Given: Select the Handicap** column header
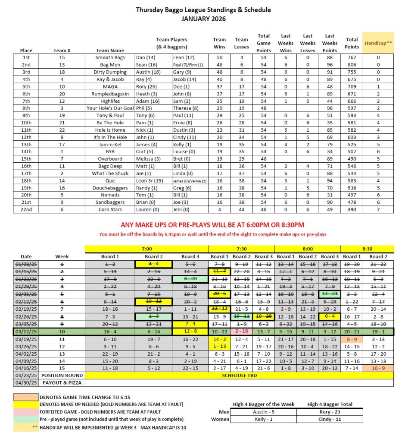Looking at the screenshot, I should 378,43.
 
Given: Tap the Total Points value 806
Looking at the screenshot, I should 352,64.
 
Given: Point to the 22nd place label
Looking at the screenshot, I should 29,209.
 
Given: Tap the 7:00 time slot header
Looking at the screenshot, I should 146,249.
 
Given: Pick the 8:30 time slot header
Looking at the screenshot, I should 367,249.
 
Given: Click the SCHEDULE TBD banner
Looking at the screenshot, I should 240,376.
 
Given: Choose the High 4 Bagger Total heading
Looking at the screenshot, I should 330,404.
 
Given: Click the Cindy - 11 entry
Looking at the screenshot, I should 330,419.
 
